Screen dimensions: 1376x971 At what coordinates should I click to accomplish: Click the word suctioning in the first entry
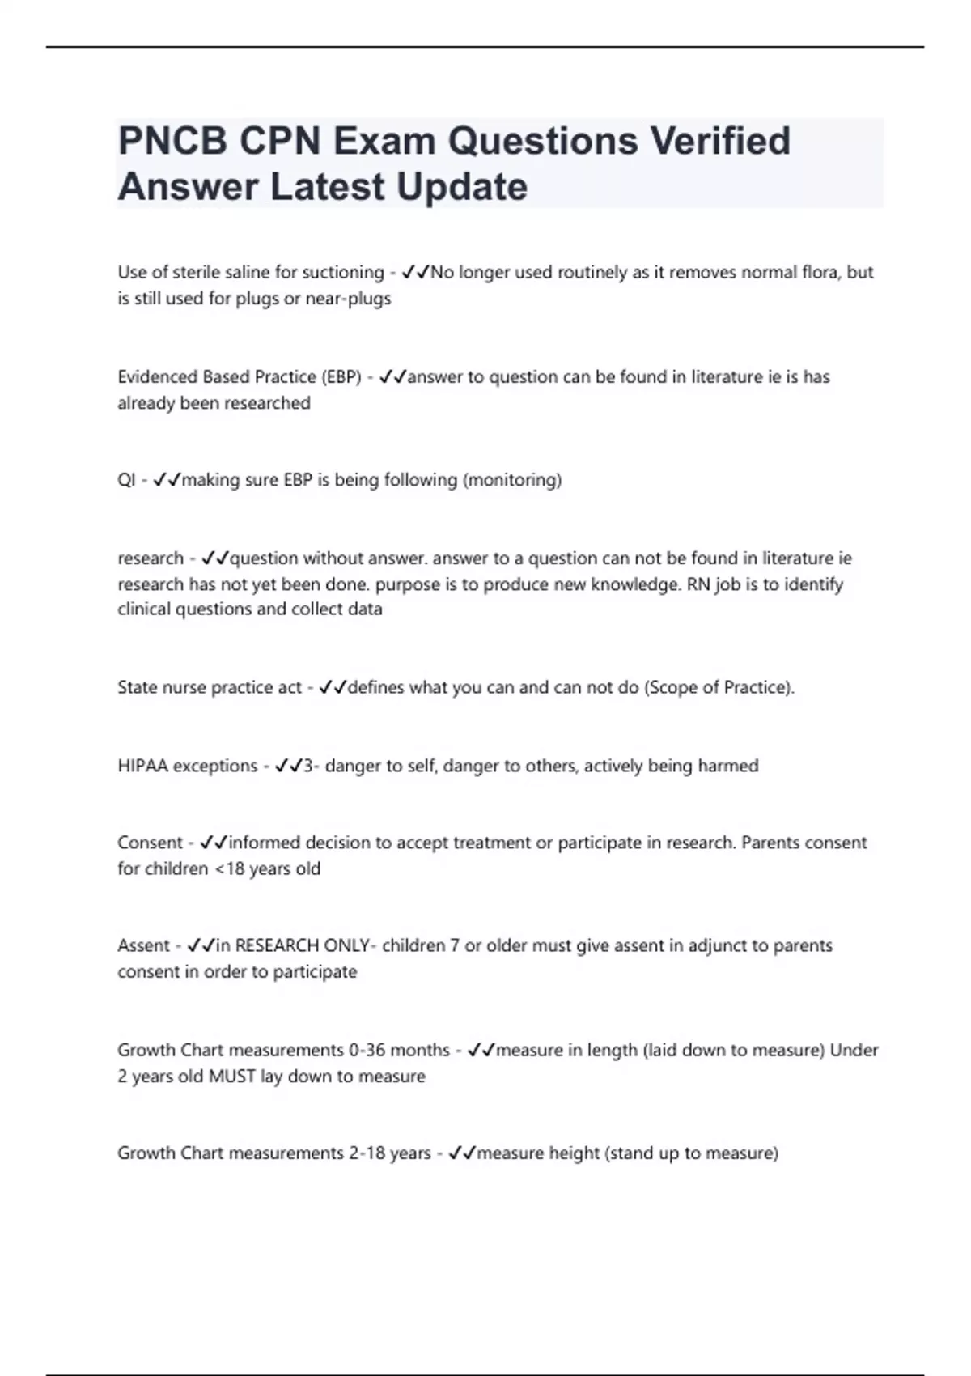coord(342,273)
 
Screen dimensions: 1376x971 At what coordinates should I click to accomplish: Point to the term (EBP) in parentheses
coord(341,377)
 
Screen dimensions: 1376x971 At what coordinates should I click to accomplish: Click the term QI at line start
coord(126,481)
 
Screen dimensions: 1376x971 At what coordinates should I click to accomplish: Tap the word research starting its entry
coord(151,558)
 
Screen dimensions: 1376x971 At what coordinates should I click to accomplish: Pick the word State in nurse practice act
coord(138,688)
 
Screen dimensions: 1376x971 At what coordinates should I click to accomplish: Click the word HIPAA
coord(143,766)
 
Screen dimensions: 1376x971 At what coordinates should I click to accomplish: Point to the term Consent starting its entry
coord(150,843)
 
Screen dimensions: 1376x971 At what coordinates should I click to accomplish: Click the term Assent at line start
coord(144,946)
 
